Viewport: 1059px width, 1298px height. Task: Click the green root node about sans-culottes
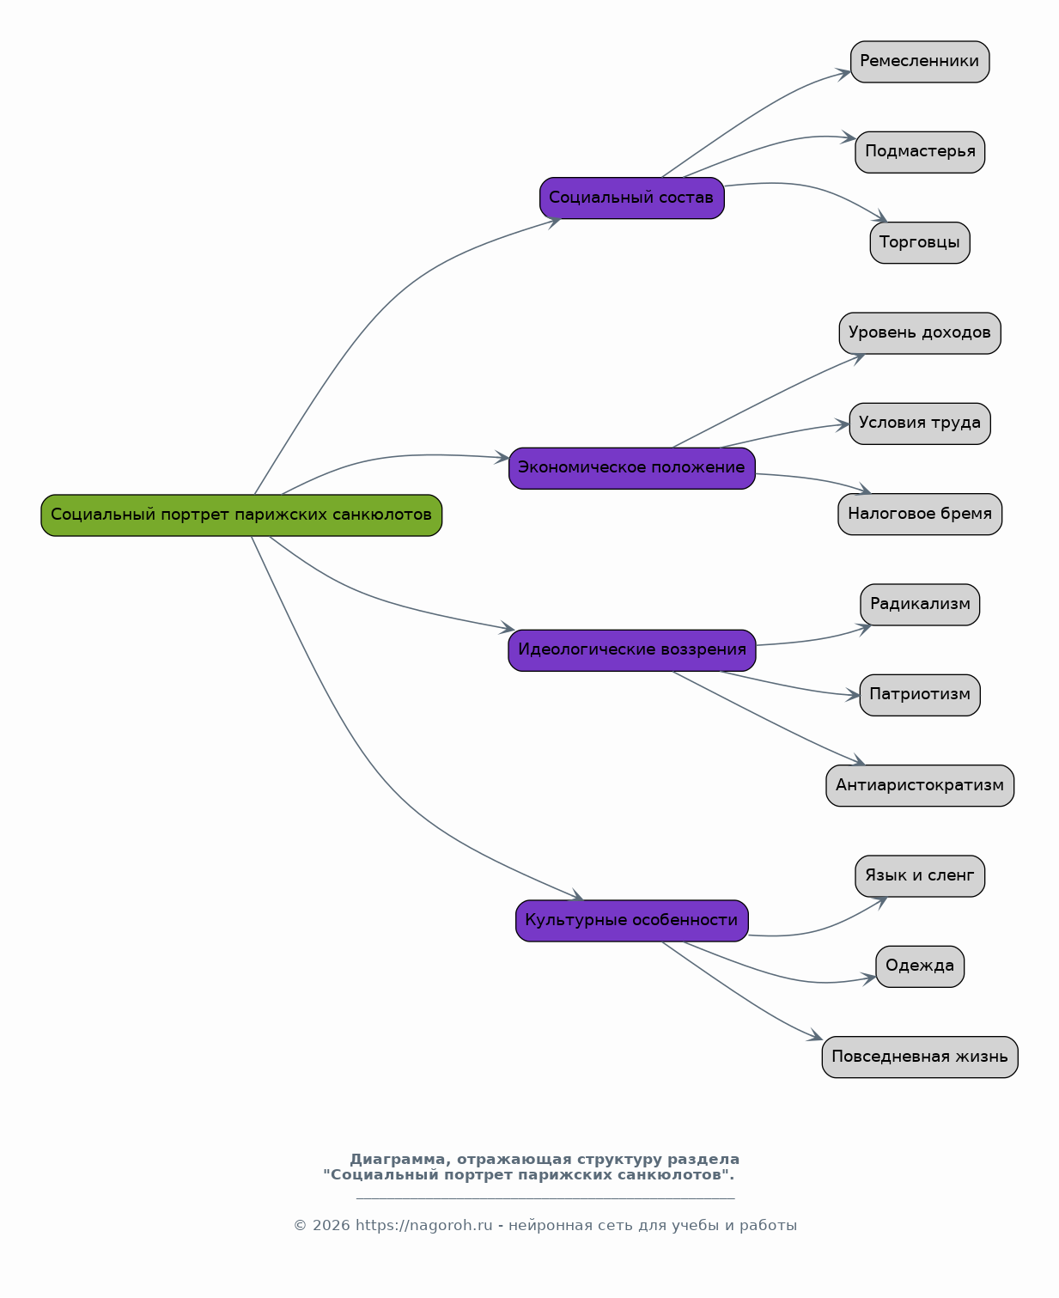[x=241, y=515]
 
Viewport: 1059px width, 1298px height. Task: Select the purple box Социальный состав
[x=632, y=198]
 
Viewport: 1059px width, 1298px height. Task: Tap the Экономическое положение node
[x=632, y=468]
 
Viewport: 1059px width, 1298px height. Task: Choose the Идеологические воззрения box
[x=632, y=650]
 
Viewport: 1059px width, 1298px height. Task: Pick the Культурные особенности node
[x=632, y=921]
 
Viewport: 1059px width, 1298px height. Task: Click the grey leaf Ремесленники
[x=920, y=62]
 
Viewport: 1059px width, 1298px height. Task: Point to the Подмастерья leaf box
[x=920, y=152]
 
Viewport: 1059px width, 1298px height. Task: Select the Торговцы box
[x=920, y=243]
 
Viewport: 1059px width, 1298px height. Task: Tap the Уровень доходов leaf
[x=920, y=333]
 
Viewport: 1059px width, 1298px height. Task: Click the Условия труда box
[x=920, y=424]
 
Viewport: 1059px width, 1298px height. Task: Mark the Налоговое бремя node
[x=920, y=515]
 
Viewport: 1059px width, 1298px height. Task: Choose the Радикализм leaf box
[x=920, y=605]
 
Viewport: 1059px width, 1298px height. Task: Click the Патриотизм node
[x=920, y=695]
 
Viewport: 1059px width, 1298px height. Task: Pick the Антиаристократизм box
[x=920, y=786]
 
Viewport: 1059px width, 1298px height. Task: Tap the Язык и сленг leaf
[x=920, y=876]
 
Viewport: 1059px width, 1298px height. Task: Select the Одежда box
[x=920, y=967]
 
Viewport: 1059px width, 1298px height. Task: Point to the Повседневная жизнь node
[x=920, y=1057]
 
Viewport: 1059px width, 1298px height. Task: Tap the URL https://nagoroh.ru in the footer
[x=424, y=1225]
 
